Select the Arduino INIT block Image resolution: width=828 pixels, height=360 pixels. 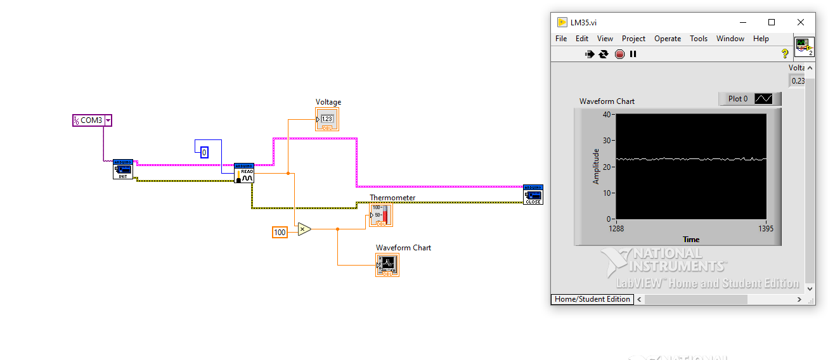pos(123,169)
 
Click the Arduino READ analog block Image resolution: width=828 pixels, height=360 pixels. pos(244,172)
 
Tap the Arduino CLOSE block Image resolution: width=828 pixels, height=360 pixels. pos(533,195)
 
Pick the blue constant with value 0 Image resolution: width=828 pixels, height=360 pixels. pos(204,152)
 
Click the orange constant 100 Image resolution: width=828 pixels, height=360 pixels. pos(280,233)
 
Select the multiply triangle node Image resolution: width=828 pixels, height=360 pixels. pos(304,229)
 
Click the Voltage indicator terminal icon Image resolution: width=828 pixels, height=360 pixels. pos(327,119)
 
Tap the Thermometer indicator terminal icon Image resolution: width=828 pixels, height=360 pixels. pos(381,215)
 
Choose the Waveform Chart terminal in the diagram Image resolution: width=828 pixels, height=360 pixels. pos(387,264)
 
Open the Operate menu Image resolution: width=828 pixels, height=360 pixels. pos(667,39)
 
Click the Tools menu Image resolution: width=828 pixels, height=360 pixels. pos(698,39)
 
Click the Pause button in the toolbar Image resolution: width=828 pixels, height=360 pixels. pos(633,55)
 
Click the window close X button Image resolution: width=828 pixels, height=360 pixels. pos(800,22)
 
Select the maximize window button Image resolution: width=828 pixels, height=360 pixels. pos(771,22)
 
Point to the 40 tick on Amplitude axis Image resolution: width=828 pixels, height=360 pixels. pos(607,115)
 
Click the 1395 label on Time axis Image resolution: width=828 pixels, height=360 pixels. pos(765,229)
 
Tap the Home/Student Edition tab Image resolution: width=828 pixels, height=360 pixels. pos(592,299)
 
